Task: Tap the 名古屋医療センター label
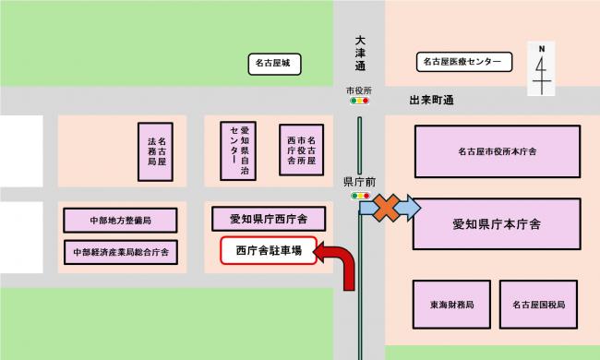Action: point(462,63)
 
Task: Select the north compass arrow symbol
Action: point(542,68)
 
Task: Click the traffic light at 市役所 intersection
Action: point(358,102)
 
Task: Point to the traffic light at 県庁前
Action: point(358,196)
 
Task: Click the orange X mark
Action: point(387,210)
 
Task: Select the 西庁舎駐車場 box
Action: point(269,250)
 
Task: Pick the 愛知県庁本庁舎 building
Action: point(497,222)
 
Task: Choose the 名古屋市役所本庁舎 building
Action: point(497,150)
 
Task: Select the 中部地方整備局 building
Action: point(120,222)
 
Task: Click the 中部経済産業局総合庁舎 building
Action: point(120,251)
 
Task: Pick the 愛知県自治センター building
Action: point(237,149)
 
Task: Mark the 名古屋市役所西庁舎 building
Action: point(302,149)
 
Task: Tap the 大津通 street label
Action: point(359,54)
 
